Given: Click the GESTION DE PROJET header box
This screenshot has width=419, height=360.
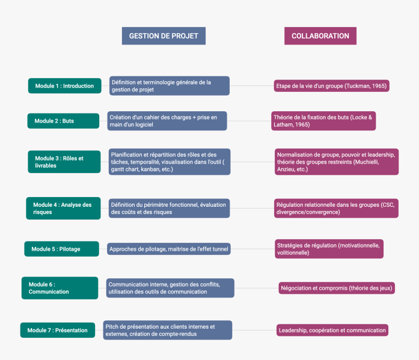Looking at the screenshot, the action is pos(164,36).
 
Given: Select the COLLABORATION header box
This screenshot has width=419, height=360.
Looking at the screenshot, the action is pos(320,36).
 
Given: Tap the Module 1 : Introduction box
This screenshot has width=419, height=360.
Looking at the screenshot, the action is pos(65,86).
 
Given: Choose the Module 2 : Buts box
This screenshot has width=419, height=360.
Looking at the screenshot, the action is pos(63,121).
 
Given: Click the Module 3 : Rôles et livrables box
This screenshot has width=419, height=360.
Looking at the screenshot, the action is pos(64,162).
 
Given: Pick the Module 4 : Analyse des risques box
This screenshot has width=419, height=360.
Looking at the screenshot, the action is pos(63,209).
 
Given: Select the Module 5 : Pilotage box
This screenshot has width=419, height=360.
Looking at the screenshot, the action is pos(62,249).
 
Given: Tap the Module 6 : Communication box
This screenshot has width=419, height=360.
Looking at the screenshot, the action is pos(60,288).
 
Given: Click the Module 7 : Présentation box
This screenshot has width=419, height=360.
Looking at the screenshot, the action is pos(58,330).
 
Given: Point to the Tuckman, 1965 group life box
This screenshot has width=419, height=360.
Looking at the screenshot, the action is pos(332,86).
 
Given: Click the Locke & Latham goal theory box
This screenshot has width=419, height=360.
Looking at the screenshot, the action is pos(323,121).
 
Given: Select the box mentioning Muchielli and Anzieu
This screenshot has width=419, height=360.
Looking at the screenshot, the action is pos(337,162).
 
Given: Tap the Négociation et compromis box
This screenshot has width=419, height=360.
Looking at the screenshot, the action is pos(337,288).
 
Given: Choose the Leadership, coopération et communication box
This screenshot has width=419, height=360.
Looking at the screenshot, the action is pos(332,330).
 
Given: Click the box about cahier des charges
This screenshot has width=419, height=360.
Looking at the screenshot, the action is pos(167,121).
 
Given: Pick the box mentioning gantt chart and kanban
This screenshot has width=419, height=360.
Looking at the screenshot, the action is pos(170,162).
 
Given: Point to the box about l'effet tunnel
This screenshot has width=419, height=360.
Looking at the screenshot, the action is pos(169,249).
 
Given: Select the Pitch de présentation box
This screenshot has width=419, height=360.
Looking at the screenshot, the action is pos(168,330).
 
